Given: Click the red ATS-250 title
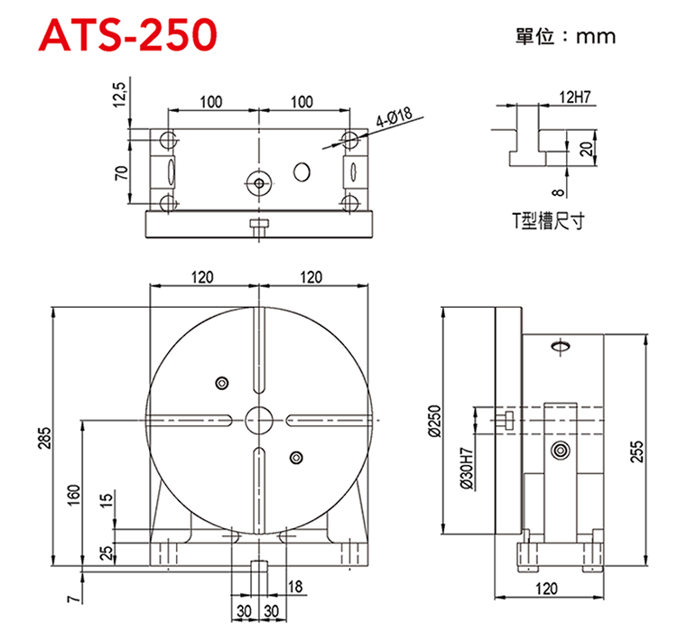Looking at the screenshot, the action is tap(128, 35).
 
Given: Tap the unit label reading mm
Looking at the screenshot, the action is tap(596, 37).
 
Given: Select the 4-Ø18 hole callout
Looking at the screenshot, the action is tap(394, 117).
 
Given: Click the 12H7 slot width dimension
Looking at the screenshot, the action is tap(575, 98).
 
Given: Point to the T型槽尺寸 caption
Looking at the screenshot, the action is tap(548, 220).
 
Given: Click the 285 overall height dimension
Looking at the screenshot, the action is tap(45, 438).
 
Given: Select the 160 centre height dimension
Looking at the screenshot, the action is tap(74, 495).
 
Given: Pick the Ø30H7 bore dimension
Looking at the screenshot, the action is tap(467, 469).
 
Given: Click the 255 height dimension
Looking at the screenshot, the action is tap(636, 451).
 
